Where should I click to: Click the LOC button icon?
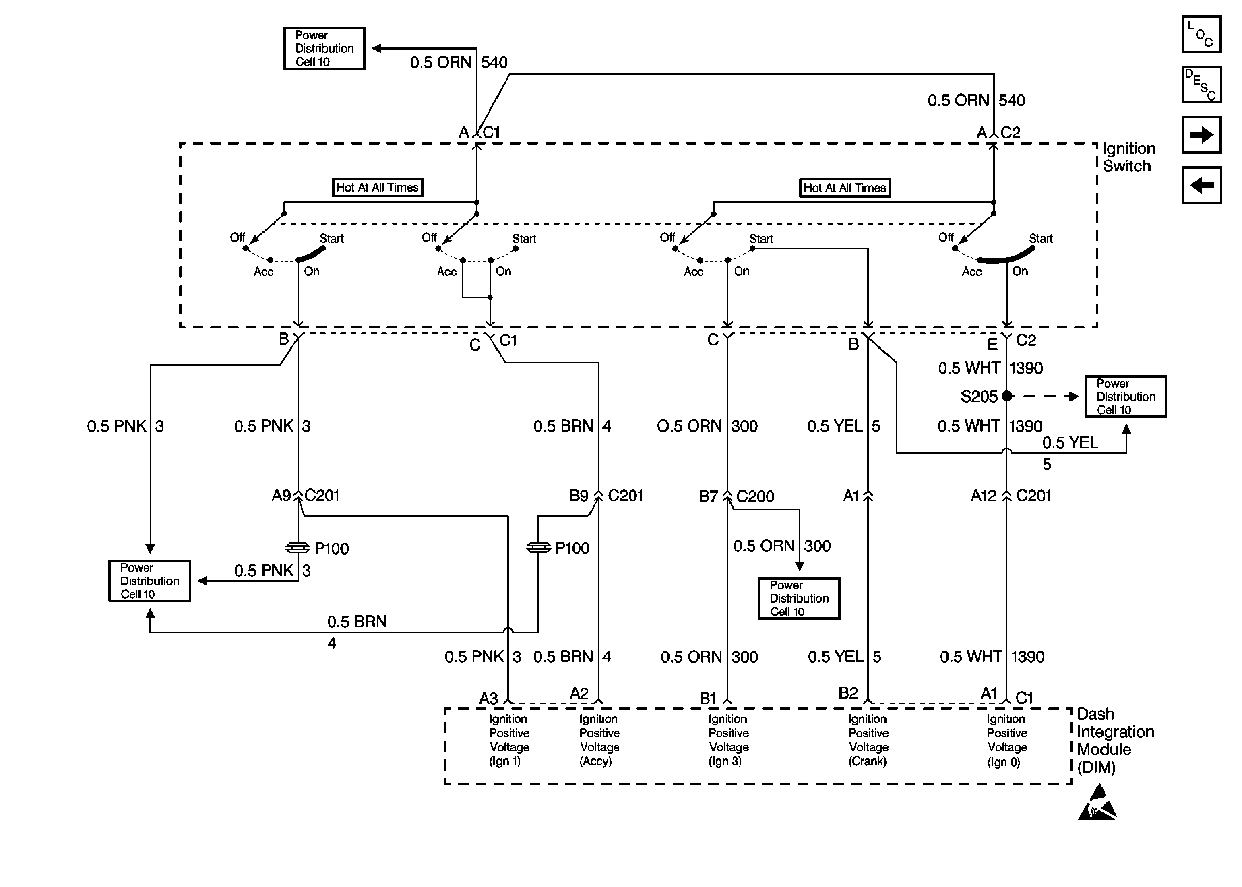[1201, 34]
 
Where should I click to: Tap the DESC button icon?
[1201, 85]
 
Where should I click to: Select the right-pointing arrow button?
[1201, 134]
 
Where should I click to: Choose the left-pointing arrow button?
[1201, 185]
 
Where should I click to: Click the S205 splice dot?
[1007, 396]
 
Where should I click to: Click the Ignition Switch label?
[1128, 157]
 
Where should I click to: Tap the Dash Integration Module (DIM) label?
[1115, 740]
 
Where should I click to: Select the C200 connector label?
[755, 497]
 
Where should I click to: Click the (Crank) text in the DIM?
[867, 761]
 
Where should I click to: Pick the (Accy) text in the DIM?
[596, 761]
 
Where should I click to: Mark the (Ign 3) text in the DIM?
[725, 761]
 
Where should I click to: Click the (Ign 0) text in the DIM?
[1003, 762]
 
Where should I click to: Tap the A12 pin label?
[984, 496]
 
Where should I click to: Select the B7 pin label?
[708, 497]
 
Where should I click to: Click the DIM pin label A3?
[489, 698]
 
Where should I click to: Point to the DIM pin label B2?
[847, 693]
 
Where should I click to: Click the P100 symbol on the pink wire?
[298, 547]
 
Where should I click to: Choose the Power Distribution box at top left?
[324, 49]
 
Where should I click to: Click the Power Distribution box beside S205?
[1125, 397]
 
